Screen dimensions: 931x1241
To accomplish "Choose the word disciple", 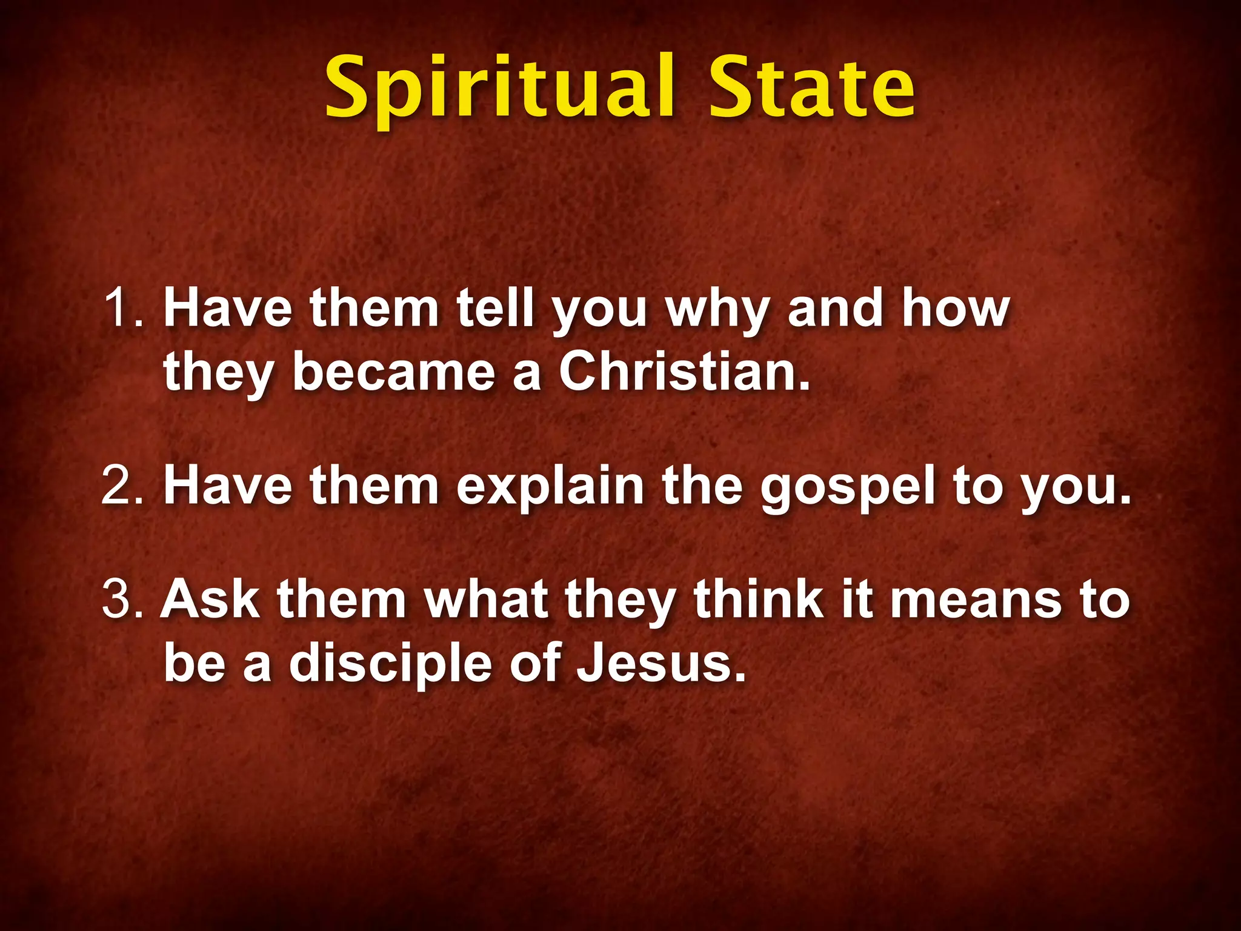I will coord(390,664).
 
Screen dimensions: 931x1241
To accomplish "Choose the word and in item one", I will coord(835,309).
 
